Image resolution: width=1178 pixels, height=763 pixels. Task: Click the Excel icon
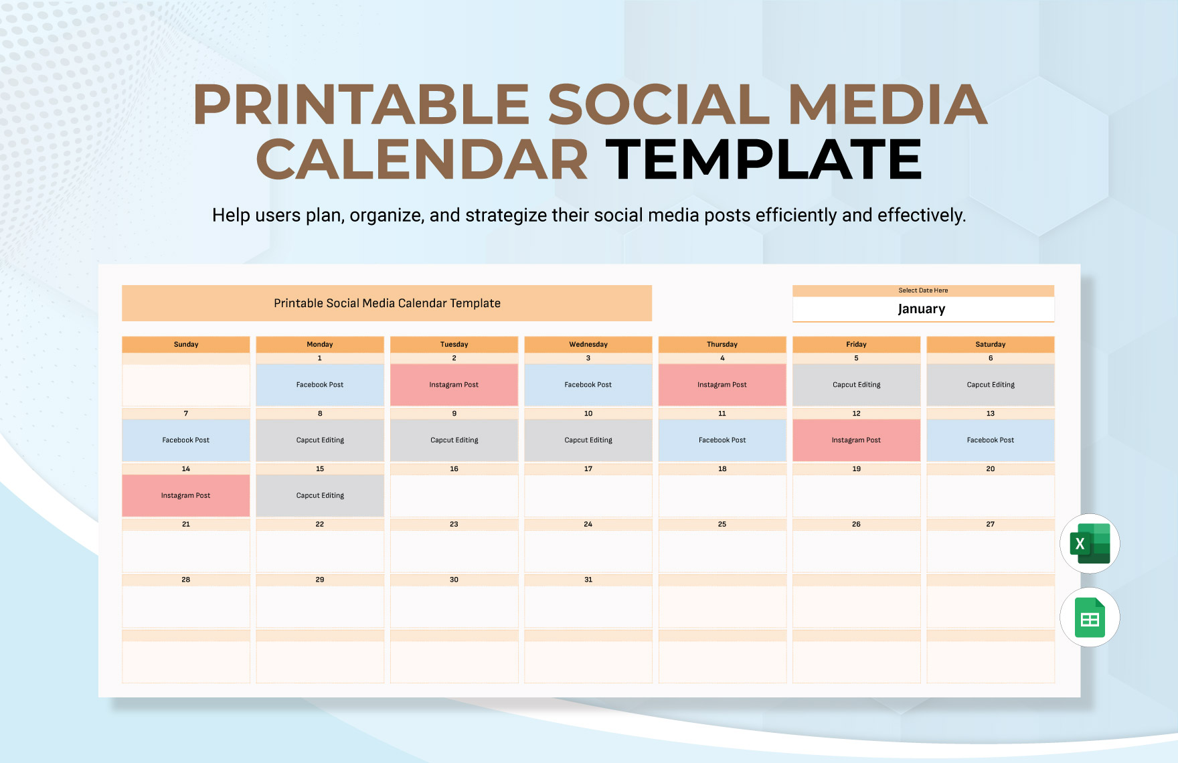[1089, 543]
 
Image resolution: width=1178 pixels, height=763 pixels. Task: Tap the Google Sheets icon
[1089, 617]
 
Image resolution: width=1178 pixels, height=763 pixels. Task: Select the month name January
[922, 309]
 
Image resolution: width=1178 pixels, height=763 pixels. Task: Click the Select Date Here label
[923, 290]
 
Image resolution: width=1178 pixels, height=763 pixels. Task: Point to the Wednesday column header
[588, 344]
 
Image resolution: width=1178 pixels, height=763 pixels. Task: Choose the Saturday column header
[990, 344]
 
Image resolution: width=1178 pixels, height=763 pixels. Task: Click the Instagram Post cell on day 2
[454, 385]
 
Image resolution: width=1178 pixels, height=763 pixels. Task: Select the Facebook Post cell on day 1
[320, 385]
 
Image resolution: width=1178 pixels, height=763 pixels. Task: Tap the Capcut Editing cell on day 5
[856, 385]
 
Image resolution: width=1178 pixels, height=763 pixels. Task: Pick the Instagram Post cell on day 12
[856, 440]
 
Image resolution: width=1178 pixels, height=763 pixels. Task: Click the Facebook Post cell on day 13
[990, 440]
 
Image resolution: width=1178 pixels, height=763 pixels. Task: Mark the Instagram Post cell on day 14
[185, 496]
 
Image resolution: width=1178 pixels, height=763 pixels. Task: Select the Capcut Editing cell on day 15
[320, 496]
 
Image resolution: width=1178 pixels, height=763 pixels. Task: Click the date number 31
[588, 580]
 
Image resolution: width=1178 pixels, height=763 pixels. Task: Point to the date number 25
[722, 524]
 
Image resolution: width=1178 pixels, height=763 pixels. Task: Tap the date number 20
[990, 469]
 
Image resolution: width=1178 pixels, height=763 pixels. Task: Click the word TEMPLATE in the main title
[764, 159]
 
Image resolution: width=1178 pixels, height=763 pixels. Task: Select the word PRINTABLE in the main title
[361, 105]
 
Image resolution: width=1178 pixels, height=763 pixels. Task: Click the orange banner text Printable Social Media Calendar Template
[387, 303]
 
